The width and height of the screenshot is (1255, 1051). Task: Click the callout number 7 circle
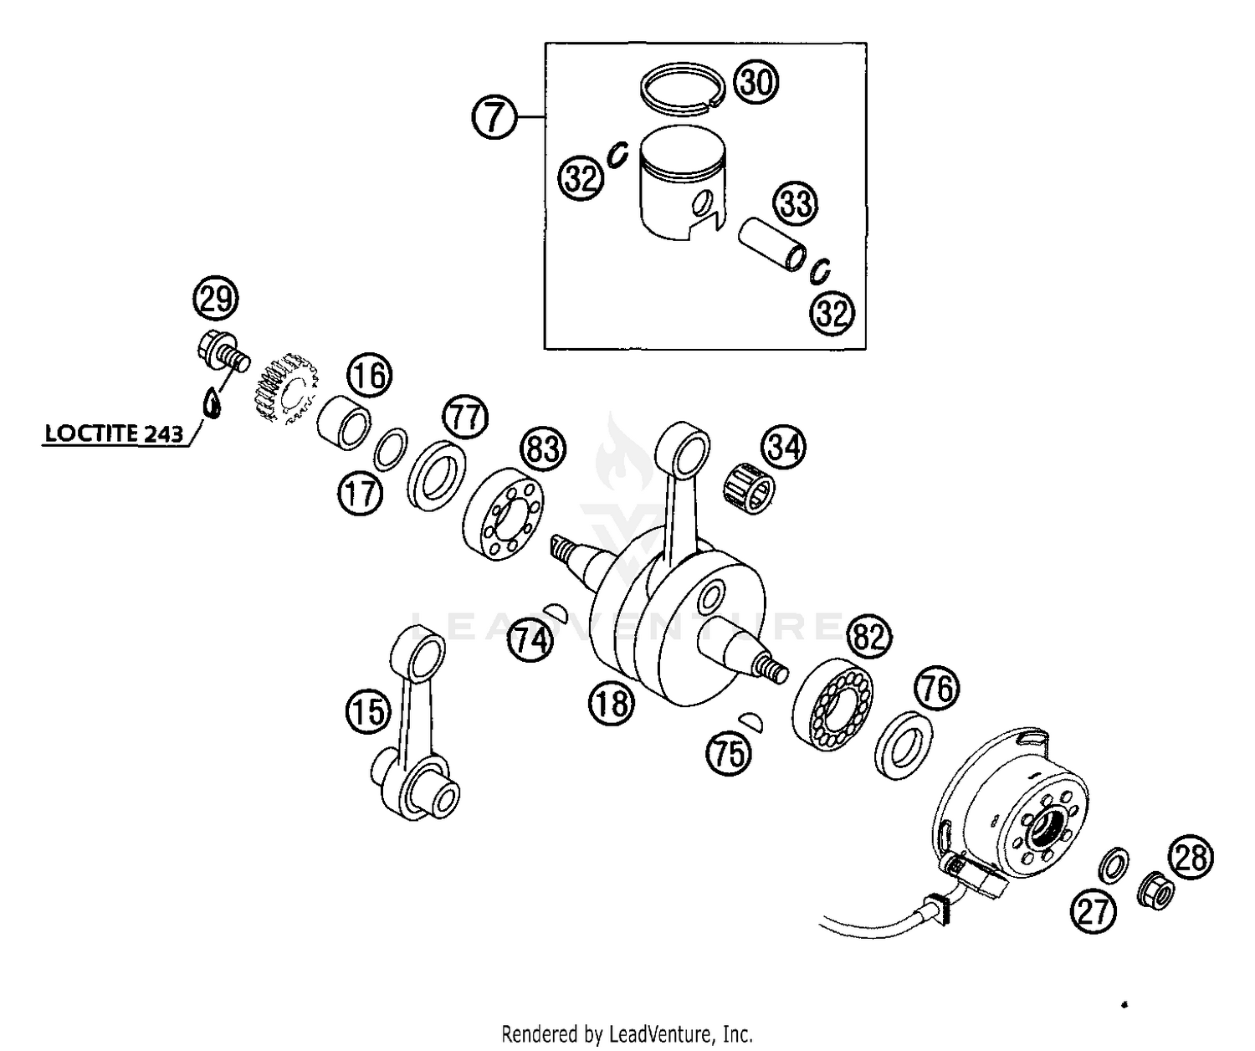pos(494,116)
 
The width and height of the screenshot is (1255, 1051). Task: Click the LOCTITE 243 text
pos(113,433)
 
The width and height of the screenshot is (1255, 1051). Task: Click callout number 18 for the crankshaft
pos(612,702)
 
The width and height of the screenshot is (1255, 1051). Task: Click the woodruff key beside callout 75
pos(750,718)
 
